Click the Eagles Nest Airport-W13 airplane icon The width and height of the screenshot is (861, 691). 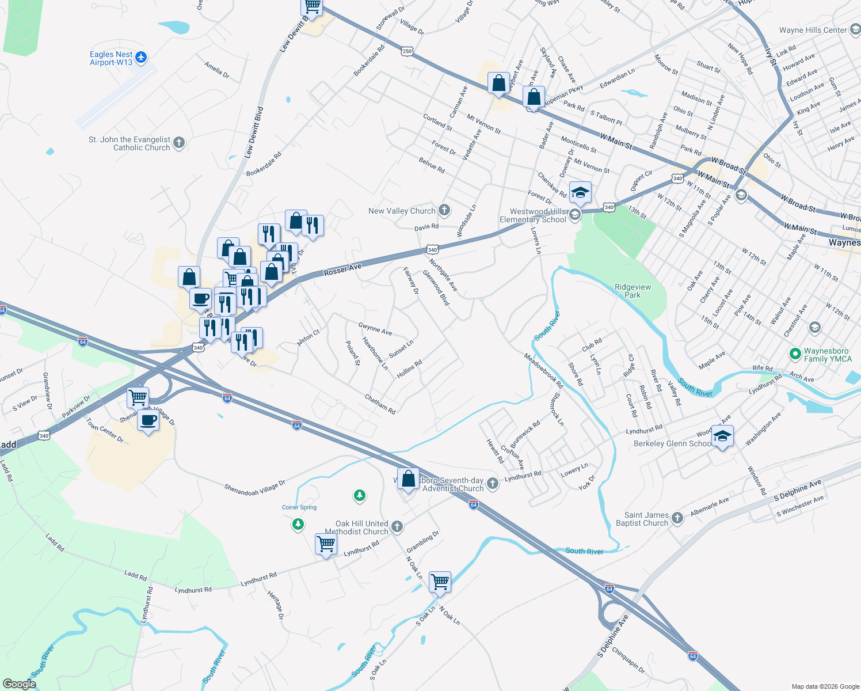click(142, 58)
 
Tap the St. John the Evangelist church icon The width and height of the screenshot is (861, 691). click(179, 143)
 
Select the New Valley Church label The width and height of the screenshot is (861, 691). click(401, 211)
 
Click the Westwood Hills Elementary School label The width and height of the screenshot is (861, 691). click(533, 216)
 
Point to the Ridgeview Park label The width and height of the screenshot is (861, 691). click(633, 291)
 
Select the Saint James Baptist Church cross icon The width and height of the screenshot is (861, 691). click(677, 518)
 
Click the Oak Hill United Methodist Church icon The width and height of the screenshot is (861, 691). click(397, 526)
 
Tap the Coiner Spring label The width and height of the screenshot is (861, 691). click(299, 507)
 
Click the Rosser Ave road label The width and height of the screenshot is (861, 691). click(342, 269)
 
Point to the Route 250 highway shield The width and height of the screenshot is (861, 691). click(407, 51)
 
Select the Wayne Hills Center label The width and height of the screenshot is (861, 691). click(813, 30)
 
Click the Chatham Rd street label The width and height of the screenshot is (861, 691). click(380, 404)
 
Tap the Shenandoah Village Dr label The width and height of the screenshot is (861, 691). click(254, 486)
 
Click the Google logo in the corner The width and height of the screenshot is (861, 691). click(19, 684)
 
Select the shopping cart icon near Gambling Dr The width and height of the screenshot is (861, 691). click(440, 582)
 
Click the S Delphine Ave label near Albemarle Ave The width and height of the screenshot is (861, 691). click(797, 490)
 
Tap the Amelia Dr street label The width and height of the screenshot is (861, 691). click(216, 70)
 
